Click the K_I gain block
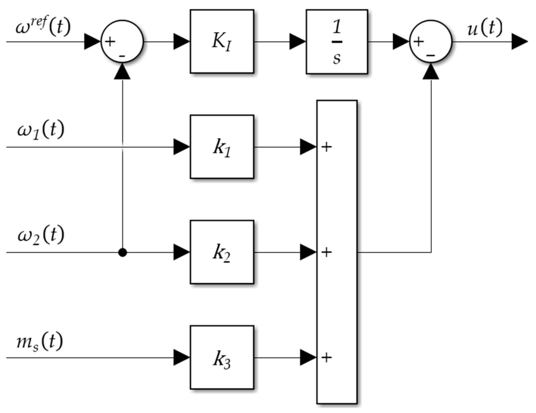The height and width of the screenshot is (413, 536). [222, 41]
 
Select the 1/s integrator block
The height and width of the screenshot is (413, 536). [337, 42]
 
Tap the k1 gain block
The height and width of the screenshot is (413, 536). [222, 147]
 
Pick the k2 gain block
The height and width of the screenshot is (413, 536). [222, 252]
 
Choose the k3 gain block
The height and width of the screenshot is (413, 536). [222, 357]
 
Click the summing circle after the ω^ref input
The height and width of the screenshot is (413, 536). [122, 41]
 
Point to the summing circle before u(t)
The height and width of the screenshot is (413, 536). [431, 41]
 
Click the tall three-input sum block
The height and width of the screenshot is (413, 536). [337, 252]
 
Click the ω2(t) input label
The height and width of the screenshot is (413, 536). [41, 235]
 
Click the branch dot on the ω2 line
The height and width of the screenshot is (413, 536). [122, 252]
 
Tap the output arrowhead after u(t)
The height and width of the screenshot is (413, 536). [520, 41]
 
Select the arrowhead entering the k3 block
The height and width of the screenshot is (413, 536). [182, 357]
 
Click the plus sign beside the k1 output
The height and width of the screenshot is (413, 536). [326, 147]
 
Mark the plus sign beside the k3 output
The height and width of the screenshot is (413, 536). [326, 358]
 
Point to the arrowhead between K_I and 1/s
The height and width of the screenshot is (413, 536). [298, 41]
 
